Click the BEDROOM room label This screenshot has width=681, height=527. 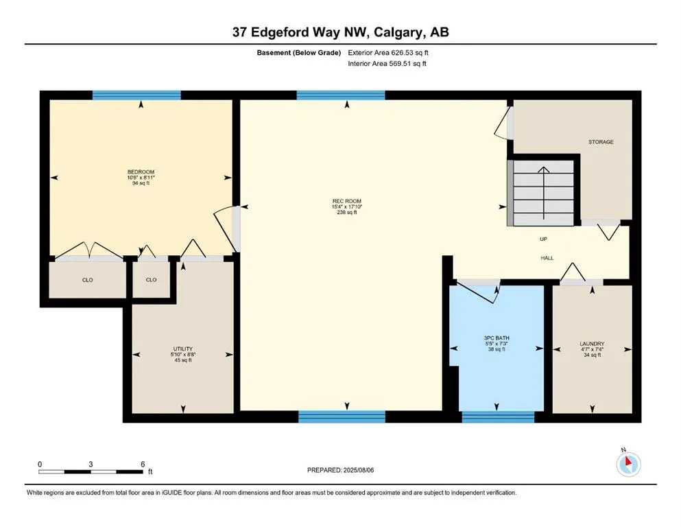coord(141,172)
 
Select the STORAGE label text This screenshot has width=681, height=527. coord(601,142)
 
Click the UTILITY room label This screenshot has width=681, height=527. coord(182,349)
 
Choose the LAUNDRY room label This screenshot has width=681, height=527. coord(591,344)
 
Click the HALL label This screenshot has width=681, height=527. coord(547,258)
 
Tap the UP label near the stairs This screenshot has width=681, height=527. coord(543,239)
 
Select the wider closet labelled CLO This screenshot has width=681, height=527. coord(87,280)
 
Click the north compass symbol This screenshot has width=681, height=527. coord(628,465)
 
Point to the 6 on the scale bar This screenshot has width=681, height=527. coord(141,463)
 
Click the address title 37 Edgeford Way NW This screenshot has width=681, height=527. coord(340,32)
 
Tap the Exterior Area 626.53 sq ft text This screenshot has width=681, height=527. coord(389,52)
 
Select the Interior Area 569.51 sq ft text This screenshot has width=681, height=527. coord(387,64)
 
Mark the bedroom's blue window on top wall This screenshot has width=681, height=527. coord(136,95)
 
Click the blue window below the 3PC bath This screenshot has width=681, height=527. coord(498,416)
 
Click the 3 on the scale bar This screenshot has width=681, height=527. coord(91,463)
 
